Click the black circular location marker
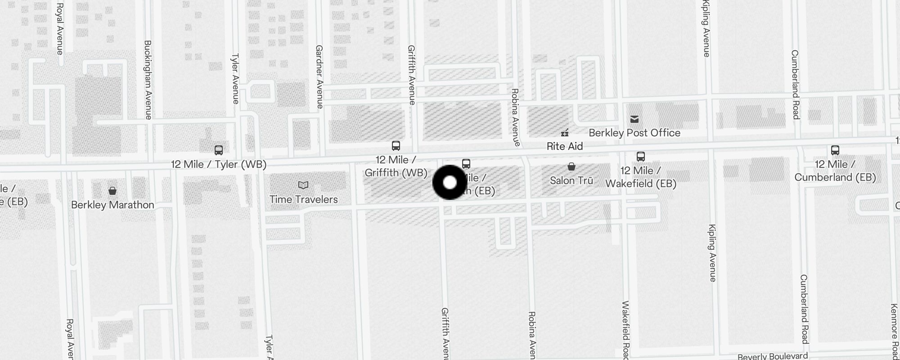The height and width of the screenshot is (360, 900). [x=450, y=182]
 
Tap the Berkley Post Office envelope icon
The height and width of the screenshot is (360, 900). [x=634, y=119]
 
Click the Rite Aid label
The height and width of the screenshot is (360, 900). [x=564, y=146]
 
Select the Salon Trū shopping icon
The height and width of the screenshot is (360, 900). [x=571, y=167]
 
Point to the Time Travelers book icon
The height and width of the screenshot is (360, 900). [x=303, y=185]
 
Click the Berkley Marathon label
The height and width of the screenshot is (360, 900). [x=112, y=205]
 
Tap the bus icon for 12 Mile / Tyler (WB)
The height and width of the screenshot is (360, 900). [x=219, y=150]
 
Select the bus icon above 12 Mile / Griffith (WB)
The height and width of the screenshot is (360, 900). [x=396, y=146]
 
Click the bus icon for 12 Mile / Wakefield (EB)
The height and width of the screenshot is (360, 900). [x=641, y=157]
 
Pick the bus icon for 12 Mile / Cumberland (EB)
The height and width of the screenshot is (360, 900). [x=835, y=150]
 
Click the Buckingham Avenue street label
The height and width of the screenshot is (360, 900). [x=148, y=80]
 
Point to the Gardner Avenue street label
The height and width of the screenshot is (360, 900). [x=319, y=76]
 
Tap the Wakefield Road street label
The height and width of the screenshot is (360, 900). [x=625, y=331]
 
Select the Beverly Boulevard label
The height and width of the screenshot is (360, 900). [x=773, y=356]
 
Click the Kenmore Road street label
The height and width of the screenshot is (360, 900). [x=895, y=331]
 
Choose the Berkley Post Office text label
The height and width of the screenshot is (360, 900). [x=634, y=133]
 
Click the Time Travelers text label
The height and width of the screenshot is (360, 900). [x=304, y=199]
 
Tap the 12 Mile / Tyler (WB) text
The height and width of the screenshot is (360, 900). [x=219, y=164]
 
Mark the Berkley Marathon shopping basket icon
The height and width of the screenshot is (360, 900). [x=112, y=191]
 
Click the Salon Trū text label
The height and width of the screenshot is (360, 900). [x=571, y=180]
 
